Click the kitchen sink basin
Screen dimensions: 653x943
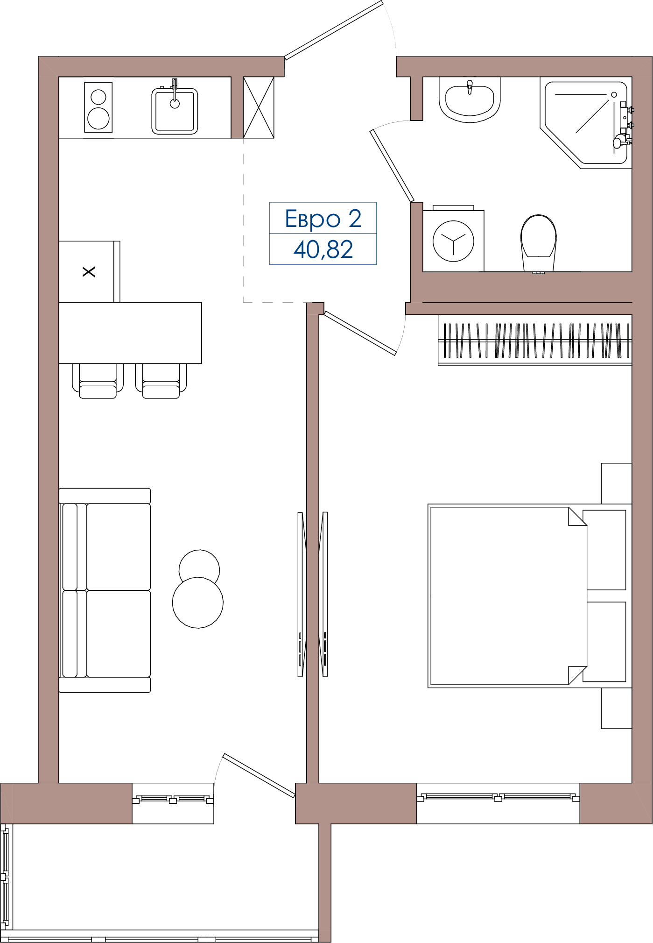[175, 111]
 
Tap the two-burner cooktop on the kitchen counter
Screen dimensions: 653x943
[98, 107]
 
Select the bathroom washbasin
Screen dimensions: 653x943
[470, 100]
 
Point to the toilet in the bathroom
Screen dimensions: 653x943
[539, 243]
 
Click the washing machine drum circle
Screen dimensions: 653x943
[453, 241]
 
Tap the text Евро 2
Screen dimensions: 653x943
[323, 219]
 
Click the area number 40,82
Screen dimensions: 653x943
[323, 249]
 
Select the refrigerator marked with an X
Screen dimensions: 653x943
[89, 271]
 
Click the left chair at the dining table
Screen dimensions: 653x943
[98, 381]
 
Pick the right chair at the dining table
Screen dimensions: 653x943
[161, 381]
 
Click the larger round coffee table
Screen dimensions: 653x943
[198, 603]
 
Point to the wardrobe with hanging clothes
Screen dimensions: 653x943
[535, 340]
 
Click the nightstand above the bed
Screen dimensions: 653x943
[617, 483]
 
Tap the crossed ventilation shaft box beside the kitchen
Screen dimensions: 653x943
[259, 107]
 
